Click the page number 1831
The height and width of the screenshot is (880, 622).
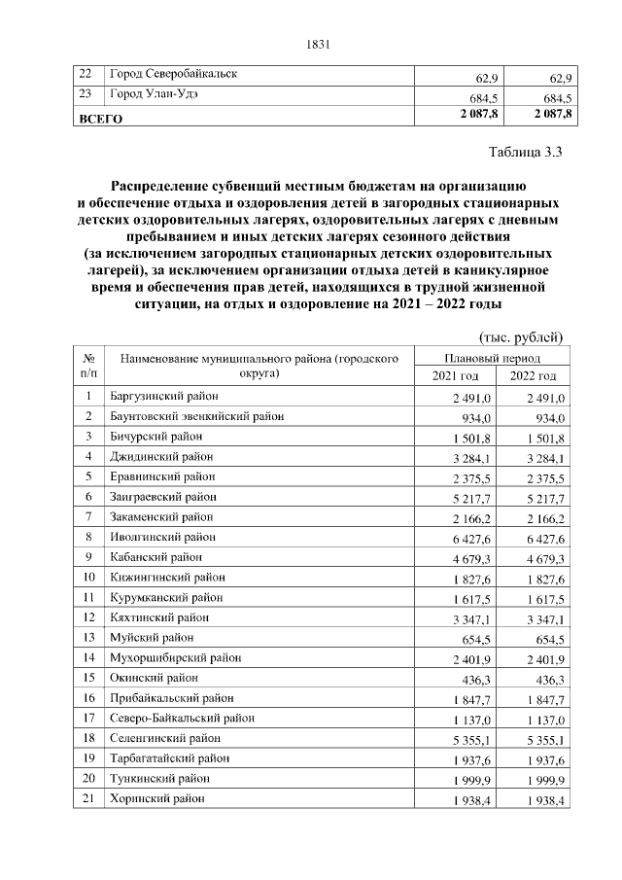[319, 43]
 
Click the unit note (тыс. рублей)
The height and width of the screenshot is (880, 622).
[523, 336]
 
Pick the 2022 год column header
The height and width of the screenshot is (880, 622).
[534, 376]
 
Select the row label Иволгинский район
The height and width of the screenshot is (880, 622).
[162, 537]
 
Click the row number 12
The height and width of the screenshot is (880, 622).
[88, 617]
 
